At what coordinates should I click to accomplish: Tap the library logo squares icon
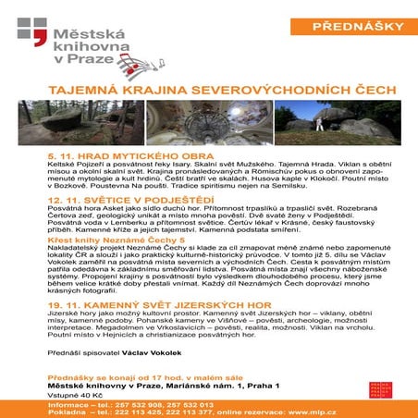tap(31, 34)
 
